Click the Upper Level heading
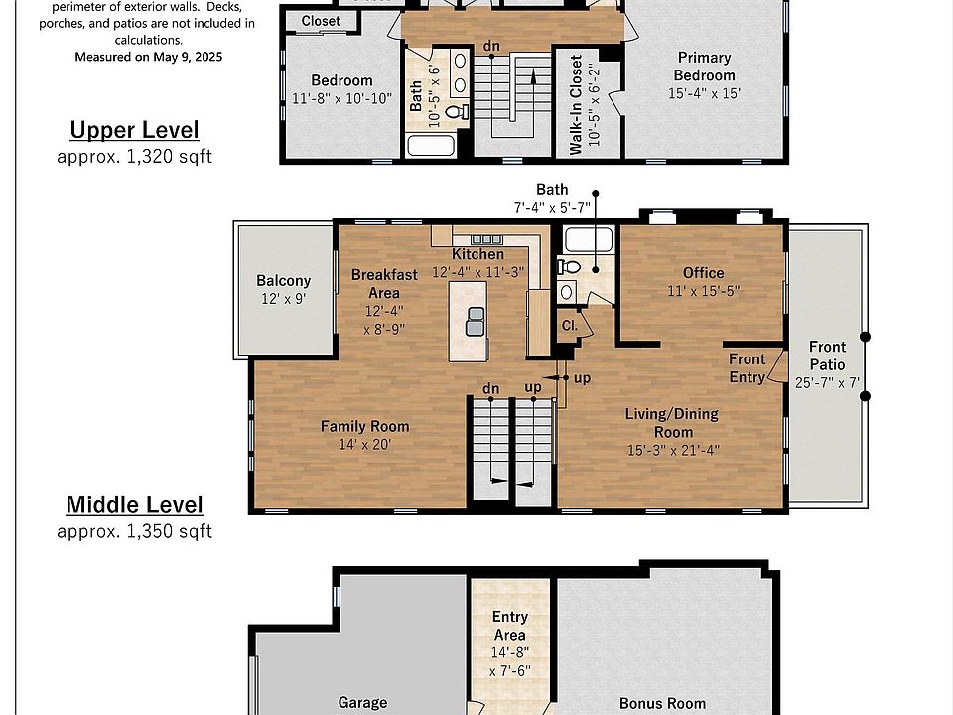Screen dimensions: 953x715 (x=134, y=130)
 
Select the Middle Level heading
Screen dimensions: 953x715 (x=134, y=504)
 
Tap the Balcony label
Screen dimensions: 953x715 (x=283, y=281)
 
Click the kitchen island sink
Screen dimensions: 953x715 (x=476, y=322)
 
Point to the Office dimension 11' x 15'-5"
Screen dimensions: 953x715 (x=703, y=291)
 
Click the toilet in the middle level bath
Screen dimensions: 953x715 (x=569, y=266)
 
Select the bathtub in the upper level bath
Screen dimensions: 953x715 (x=431, y=146)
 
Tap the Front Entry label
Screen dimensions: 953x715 (x=747, y=368)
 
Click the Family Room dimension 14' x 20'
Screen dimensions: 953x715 (x=364, y=445)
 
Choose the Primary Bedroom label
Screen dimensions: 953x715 (x=704, y=67)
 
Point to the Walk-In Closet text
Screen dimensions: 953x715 (x=576, y=104)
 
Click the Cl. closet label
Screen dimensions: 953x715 (x=569, y=326)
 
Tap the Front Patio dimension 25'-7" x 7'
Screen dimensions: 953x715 (x=827, y=383)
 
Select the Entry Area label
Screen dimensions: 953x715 (x=510, y=626)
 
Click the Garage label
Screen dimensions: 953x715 (x=362, y=703)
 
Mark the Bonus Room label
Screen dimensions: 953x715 (x=662, y=703)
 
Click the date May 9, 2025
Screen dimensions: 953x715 (x=188, y=58)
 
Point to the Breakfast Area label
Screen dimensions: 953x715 (x=384, y=284)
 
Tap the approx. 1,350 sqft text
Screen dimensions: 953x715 (x=134, y=532)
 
